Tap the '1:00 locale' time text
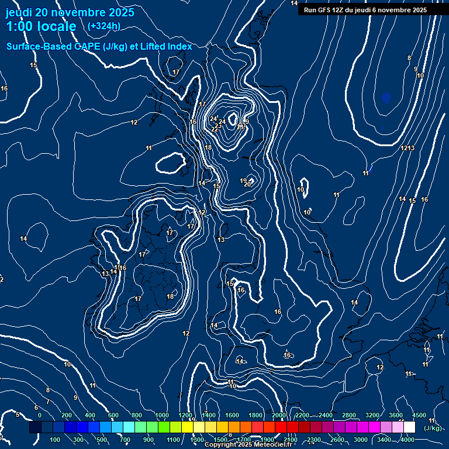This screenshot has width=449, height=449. tap(41, 26)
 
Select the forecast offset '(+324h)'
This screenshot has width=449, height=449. tap(103, 26)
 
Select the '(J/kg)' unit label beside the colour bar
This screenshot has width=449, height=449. tap(433, 428)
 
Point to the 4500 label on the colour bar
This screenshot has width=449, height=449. tap(419, 415)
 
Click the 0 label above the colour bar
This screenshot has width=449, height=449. tap(40, 415)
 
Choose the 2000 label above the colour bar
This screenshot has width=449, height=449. tap(279, 415)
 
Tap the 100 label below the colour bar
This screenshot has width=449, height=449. tap(56, 440)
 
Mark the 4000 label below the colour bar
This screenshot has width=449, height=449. tap(407, 440)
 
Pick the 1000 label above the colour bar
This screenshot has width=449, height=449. tap(162, 415)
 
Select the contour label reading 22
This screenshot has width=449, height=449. tap(215, 129)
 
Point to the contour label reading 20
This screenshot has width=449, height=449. tap(247, 184)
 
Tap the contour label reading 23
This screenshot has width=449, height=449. tap(218, 125)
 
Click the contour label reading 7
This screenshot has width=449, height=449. tap(48, 402)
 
